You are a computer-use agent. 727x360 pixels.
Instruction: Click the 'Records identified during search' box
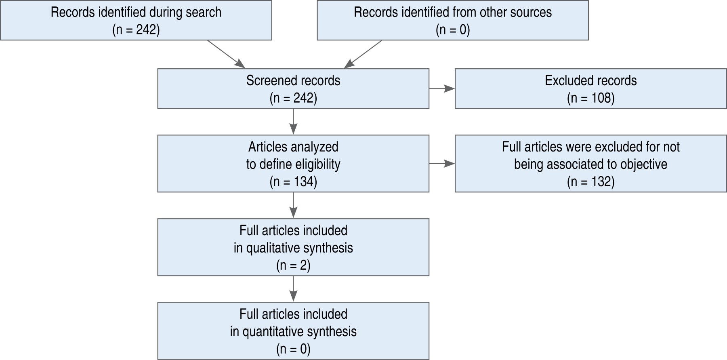(x=136, y=20)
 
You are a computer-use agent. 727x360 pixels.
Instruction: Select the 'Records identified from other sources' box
(x=452, y=20)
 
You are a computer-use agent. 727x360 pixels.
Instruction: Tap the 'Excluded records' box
(x=590, y=88)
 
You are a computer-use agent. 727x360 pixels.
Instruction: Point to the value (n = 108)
(x=590, y=98)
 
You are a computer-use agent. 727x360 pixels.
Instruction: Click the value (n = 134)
(x=293, y=182)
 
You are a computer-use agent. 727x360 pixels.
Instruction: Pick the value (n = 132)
(x=590, y=182)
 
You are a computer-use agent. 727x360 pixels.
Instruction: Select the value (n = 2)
(x=293, y=265)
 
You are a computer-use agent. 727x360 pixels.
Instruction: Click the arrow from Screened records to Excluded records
(x=442, y=88)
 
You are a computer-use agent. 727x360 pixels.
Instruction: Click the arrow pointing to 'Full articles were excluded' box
(x=442, y=164)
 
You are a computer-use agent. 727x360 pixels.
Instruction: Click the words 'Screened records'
(x=293, y=81)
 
